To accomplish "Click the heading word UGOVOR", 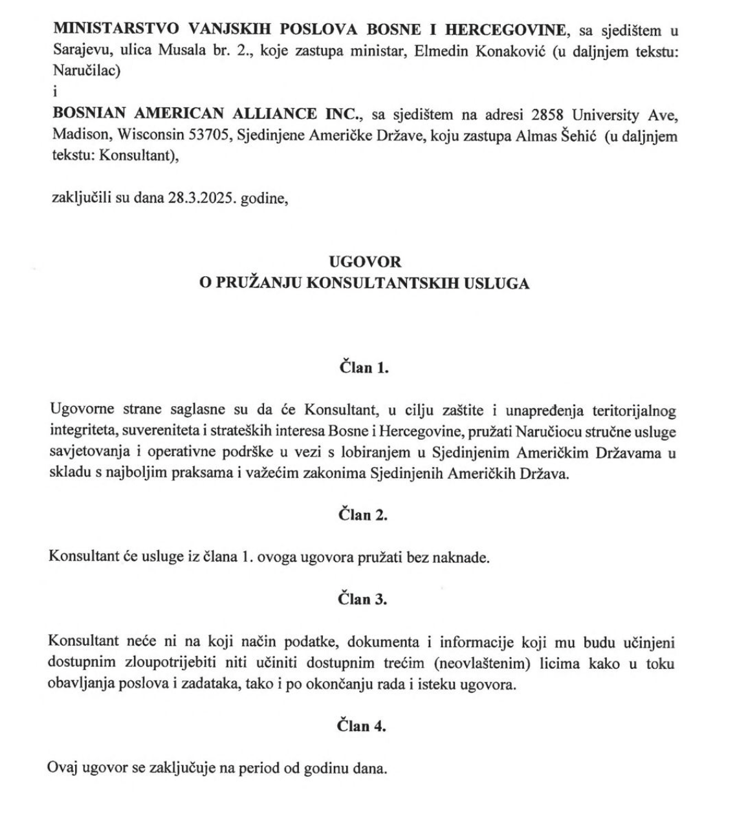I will click(365, 261).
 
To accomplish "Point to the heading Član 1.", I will click(364, 367).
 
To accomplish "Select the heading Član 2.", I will click(363, 515).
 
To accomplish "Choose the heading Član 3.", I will click(363, 599).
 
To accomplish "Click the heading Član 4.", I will click(362, 726).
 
